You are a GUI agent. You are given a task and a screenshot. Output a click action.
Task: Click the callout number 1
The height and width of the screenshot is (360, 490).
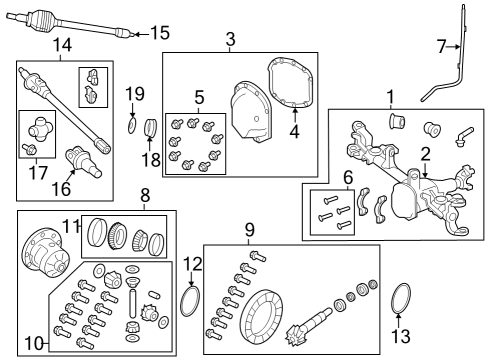click(391, 97)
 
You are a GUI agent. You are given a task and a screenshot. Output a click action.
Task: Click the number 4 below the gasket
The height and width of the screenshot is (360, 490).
click(293, 131)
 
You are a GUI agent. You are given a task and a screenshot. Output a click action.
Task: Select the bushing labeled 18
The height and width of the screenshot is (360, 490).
click(152, 129)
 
